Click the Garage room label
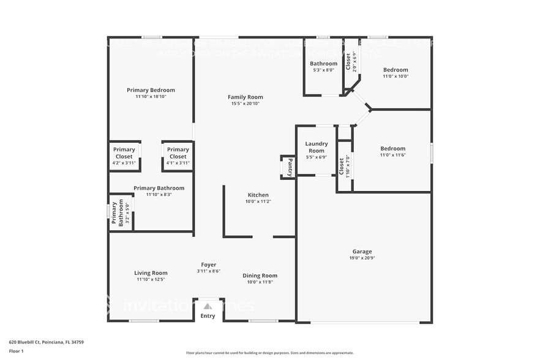(x=362, y=252)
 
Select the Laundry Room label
(x=317, y=147)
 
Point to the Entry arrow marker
(x=208, y=306)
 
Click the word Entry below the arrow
(x=208, y=316)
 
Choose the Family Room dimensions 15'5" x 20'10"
(x=245, y=104)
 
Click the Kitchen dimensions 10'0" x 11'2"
(x=258, y=201)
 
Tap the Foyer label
(x=209, y=264)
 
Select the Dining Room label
(x=260, y=276)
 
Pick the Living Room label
(x=151, y=273)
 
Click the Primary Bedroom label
(x=151, y=90)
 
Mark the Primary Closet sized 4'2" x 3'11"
(x=124, y=156)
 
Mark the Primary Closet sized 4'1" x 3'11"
(x=178, y=156)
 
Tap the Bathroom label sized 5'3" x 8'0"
(x=323, y=64)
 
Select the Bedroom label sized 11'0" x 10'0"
(x=396, y=70)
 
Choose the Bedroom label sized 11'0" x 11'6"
(x=392, y=149)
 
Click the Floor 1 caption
(x=16, y=351)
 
